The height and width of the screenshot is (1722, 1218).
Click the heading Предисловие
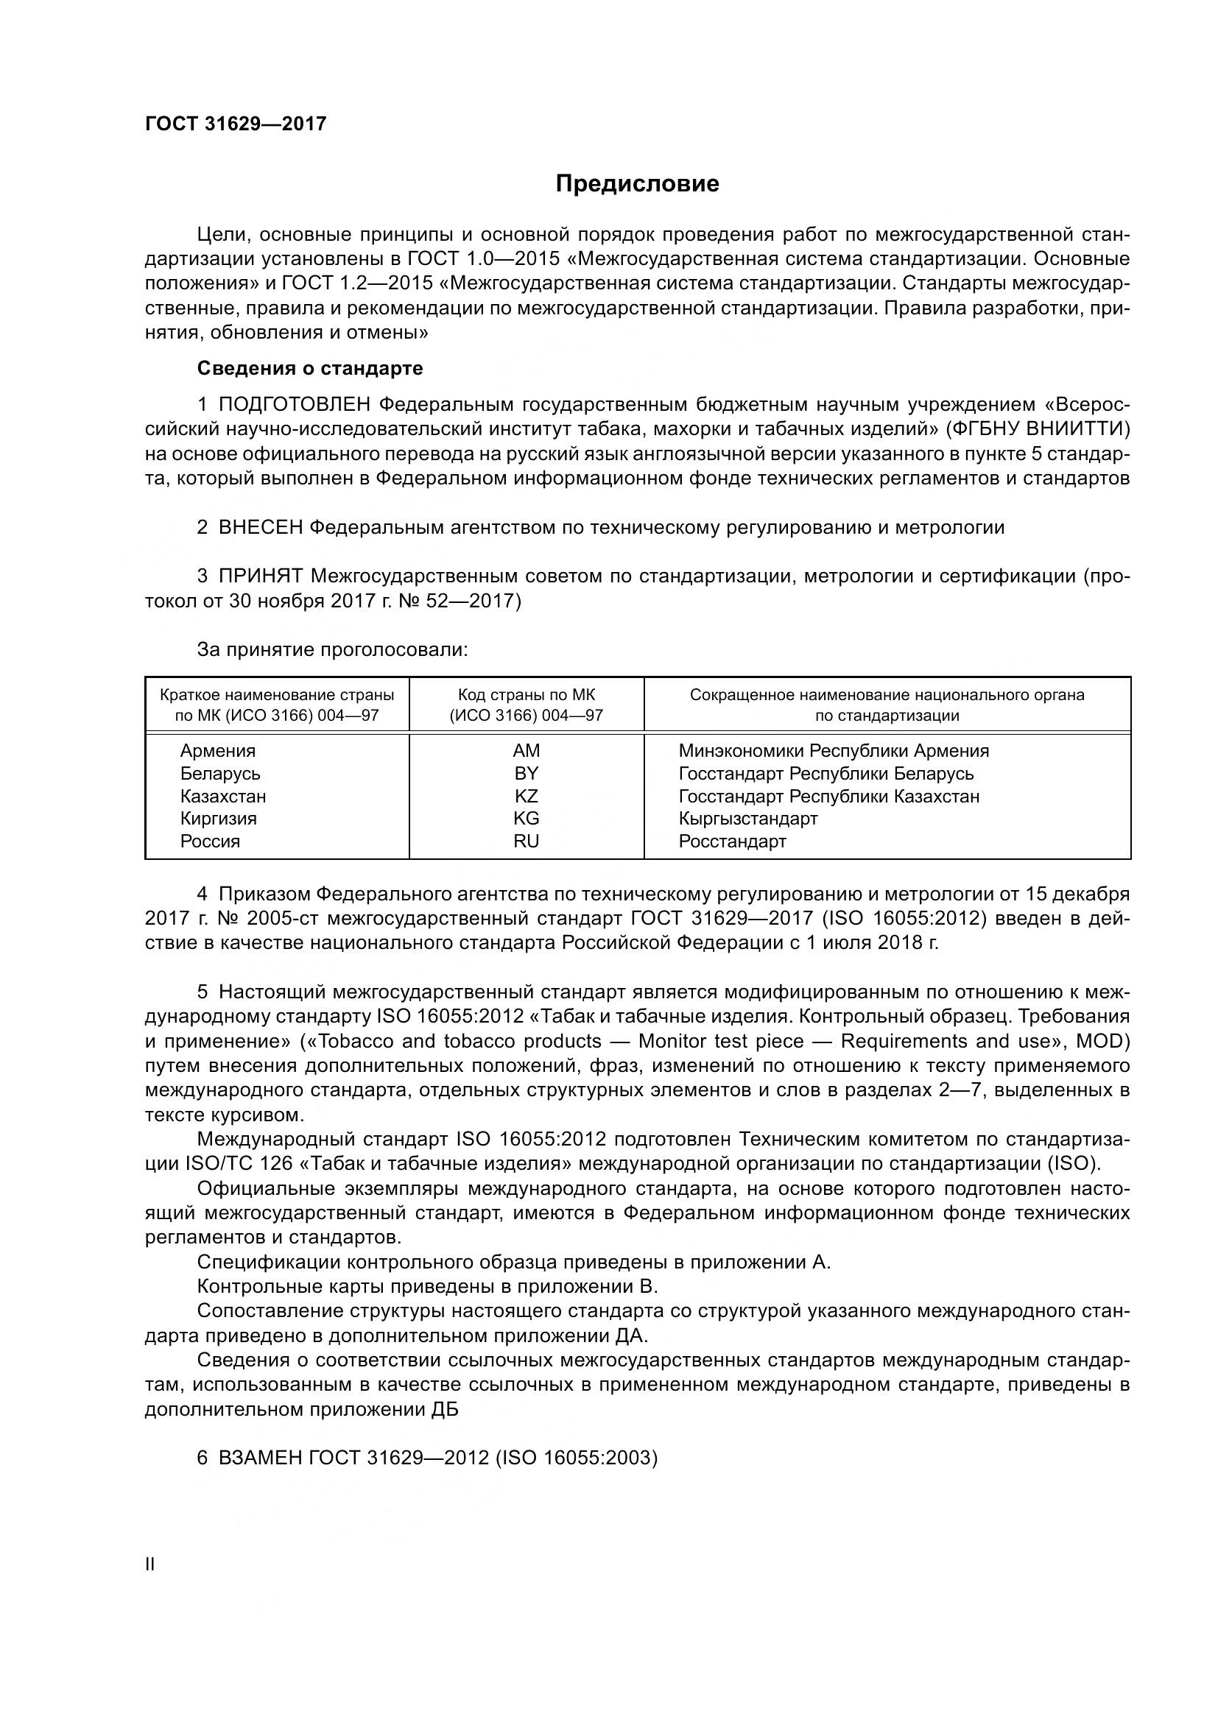click(637, 184)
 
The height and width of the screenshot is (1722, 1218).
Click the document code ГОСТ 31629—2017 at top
click(236, 124)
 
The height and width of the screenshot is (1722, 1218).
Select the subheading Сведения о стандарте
click(310, 368)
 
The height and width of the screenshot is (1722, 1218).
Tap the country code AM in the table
click(526, 751)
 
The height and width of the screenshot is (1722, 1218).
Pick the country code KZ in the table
click(526, 796)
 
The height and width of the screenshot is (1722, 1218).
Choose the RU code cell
click(526, 841)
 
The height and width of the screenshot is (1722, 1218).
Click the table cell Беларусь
click(219, 773)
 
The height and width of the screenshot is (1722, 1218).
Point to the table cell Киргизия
click(218, 818)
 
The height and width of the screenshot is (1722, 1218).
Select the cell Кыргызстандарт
click(747, 818)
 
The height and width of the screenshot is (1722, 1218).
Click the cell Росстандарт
click(732, 841)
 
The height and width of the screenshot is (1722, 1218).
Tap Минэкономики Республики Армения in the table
click(834, 751)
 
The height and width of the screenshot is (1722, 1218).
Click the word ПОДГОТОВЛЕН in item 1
click(295, 405)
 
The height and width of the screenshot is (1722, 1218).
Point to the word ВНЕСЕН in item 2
click(260, 528)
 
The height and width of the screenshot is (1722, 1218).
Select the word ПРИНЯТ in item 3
click(260, 576)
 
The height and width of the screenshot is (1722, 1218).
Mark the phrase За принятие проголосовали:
click(332, 649)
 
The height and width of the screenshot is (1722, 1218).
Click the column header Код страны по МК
click(526, 694)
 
